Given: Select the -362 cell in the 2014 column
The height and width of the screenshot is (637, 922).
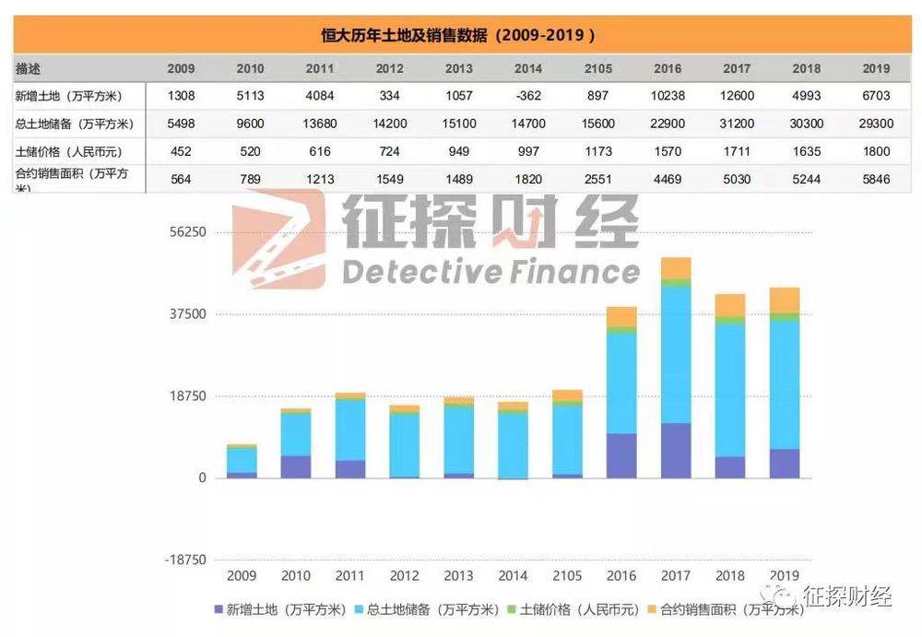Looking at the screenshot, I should pos(528,96).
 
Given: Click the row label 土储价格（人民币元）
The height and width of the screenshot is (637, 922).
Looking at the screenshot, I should pos(69,151).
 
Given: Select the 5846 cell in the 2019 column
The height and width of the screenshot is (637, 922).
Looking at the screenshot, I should pos(876,179).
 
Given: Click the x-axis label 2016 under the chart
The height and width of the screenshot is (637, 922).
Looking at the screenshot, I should pos(621,576).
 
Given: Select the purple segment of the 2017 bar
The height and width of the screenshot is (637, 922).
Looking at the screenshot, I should pos(676,451).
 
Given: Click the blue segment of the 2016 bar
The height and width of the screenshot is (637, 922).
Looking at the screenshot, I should pos(621,383).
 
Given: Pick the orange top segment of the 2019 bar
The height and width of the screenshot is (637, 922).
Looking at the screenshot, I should pos(785,300).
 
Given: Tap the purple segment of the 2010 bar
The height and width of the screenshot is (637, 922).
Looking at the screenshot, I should pos(296,466).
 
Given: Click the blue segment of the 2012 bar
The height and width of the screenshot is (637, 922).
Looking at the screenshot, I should pos(404,445).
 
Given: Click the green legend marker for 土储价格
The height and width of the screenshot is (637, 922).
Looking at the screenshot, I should pos(513,609).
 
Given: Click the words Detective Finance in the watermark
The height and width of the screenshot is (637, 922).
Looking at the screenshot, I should pos(490,271).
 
